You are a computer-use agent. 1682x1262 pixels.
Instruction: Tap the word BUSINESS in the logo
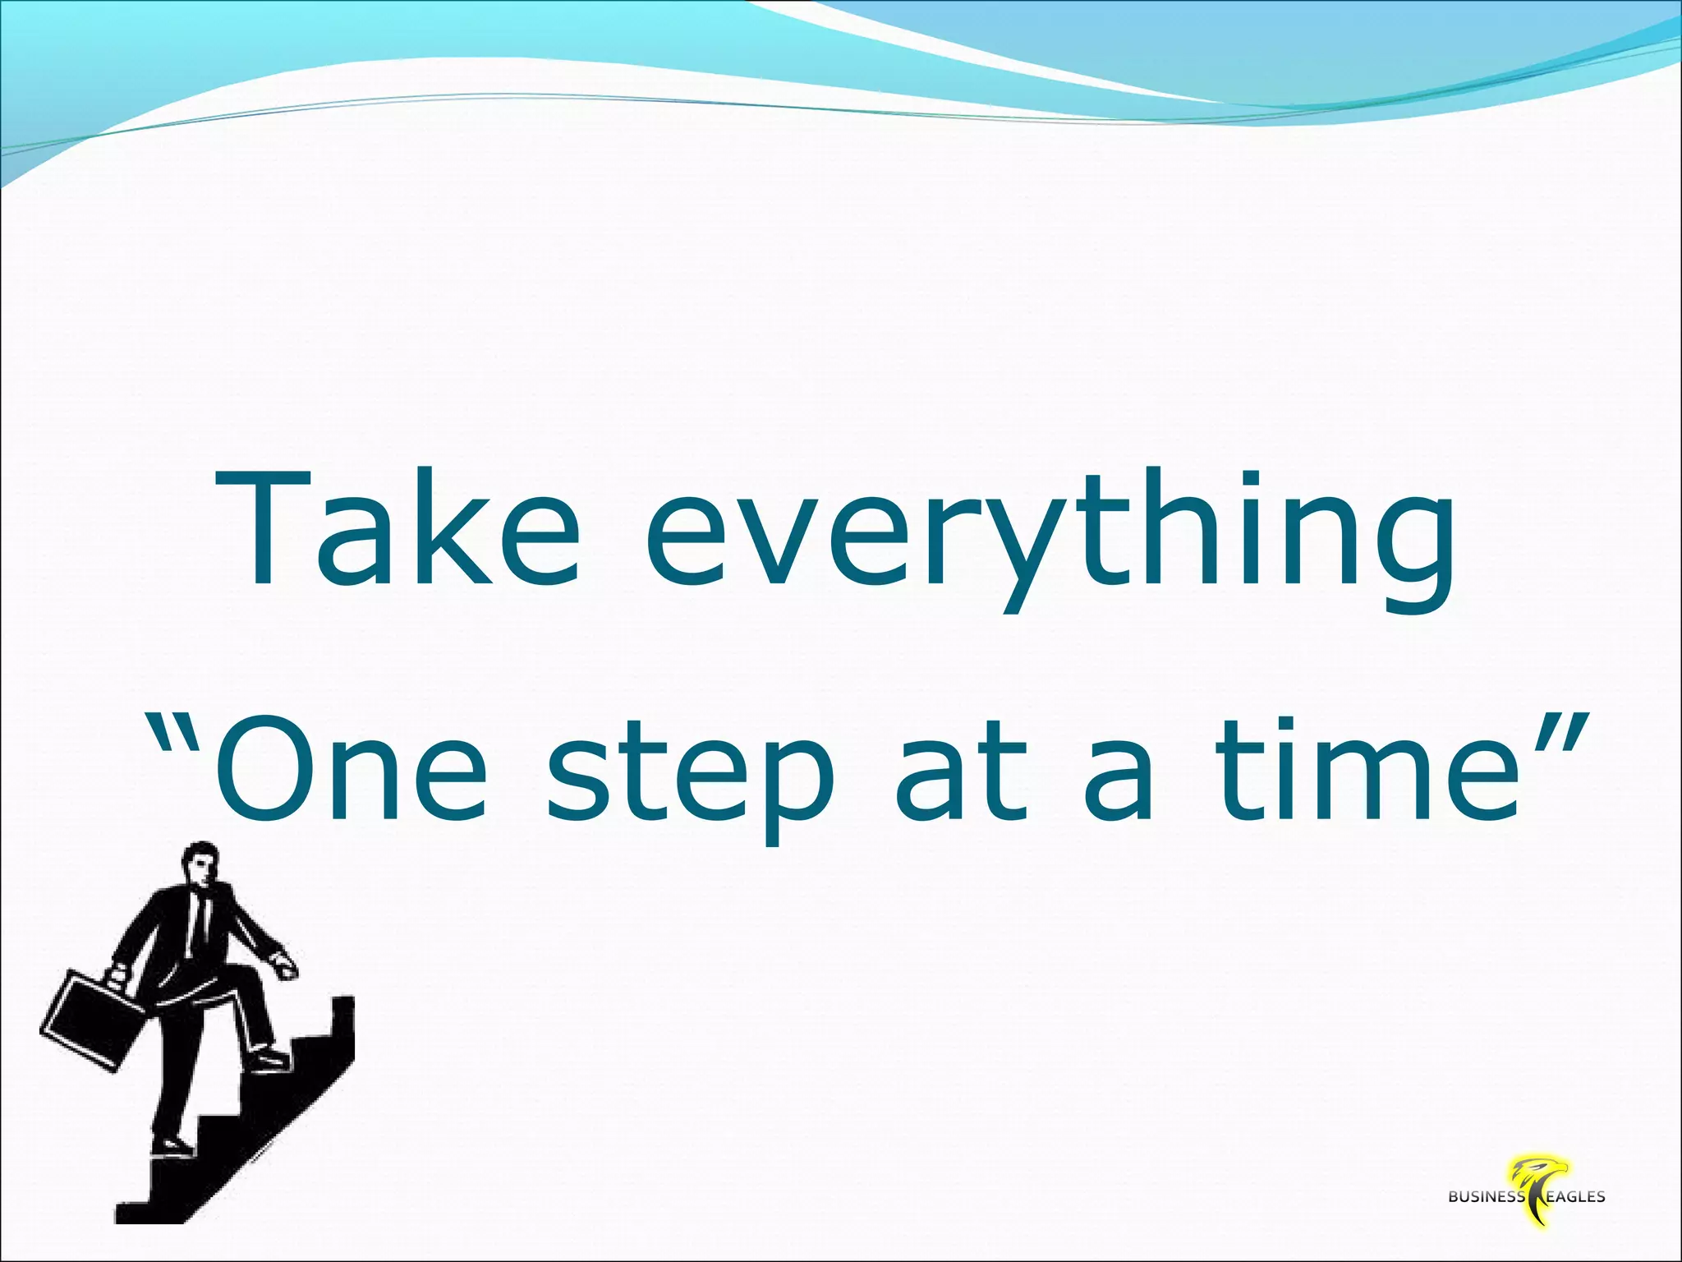click(1487, 1220)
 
